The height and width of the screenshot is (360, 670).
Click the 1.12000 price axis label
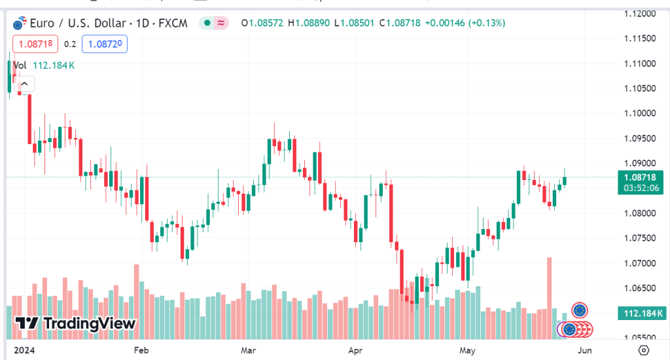point(640,14)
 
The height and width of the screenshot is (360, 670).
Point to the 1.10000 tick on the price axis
point(640,113)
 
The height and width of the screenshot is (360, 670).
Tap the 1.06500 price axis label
point(640,288)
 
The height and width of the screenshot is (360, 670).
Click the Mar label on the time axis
point(249,350)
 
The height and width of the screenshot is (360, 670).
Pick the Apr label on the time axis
point(355,350)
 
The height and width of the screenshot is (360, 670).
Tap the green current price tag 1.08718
point(640,177)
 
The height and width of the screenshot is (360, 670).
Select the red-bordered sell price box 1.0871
point(39,45)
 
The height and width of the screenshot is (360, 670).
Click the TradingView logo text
point(75,323)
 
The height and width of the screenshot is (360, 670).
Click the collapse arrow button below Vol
point(25,84)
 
